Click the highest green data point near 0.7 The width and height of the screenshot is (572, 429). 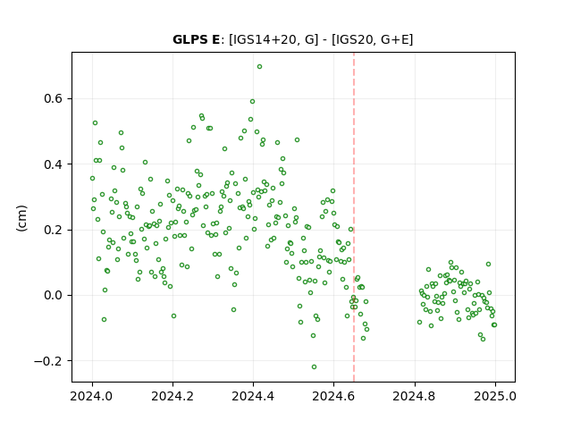tap(259, 67)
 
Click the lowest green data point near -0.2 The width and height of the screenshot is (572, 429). tap(314, 367)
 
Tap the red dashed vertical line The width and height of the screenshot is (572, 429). tap(354, 217)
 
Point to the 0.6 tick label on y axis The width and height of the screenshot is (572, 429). tap(54, 99)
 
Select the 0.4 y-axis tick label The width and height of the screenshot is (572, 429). tap(54, 164)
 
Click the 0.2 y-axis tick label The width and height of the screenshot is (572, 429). tap(54, 231)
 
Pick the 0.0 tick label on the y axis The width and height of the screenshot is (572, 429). tap(54, 296)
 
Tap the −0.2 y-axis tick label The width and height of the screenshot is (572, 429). tap(48, 361)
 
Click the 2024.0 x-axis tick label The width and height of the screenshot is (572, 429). tap(92, 396)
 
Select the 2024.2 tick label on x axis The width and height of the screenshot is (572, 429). tap(172, 396)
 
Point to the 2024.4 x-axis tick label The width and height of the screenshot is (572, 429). tap(253, 396)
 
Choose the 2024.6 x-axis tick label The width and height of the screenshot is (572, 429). tap(333, 396)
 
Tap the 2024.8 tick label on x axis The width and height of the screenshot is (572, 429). tap(415, 396)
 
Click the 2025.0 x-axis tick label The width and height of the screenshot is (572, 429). tap(495, 396)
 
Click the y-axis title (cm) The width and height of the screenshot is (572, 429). tap(21, 218)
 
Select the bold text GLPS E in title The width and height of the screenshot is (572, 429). tap(197, 39)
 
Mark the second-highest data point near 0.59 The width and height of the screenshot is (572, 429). tap(252, 101)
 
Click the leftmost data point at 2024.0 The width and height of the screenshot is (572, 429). tap(92, 179)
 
